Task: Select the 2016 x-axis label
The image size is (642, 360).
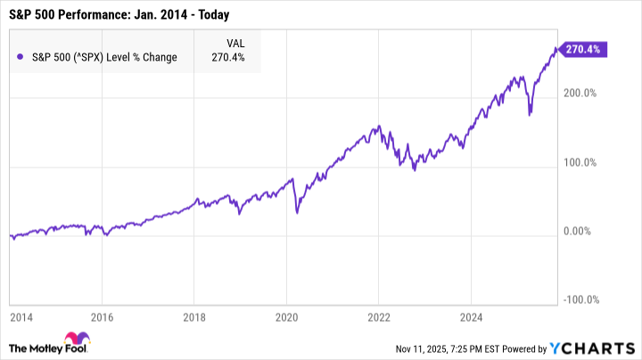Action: (x=103, y=315)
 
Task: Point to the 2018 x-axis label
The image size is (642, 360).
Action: (x=195, y=315)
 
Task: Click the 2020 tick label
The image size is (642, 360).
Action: (x=287, y=315)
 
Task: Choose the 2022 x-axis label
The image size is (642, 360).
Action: (x=378, y=315)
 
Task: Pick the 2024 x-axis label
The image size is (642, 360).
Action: (x=470, y=315)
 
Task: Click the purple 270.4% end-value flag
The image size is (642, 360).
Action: (x=585, y=50)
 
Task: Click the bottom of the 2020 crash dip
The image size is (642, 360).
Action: (x=297, y=214)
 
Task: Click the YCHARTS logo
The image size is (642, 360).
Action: (x=598, y=346)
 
